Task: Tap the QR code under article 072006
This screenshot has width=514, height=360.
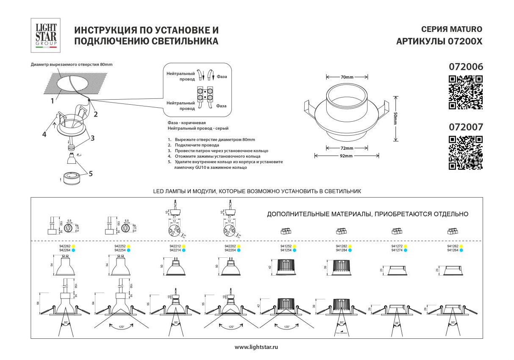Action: (x=466, y=92)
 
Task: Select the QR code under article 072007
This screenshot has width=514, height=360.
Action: (x=466, y=153)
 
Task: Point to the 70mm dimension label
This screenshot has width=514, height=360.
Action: (x=347, y=77)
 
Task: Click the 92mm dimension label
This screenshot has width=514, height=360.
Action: (x=347, y=156)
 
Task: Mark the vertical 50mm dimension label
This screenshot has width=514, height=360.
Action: (x=395, y=118)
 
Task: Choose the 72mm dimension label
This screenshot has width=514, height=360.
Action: (x=347, y=148)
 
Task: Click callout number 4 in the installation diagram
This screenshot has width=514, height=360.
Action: (x=44, y=134)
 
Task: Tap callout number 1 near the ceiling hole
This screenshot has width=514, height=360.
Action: (x=52, y=101)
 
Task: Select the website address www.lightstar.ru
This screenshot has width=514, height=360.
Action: (x=257, y=347)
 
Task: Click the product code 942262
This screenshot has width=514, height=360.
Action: (x=64, y=246)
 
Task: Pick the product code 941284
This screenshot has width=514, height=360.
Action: (x=342, y=250)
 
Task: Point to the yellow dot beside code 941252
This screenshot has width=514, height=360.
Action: (x=295, y=246)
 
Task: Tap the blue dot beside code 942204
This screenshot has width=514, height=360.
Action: (x=239, y=250)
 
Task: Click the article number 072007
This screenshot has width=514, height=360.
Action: (x=466, y=126)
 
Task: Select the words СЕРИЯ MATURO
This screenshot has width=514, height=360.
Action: (x=452, y=30)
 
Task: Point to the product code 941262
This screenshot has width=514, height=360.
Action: (x=453, y=246)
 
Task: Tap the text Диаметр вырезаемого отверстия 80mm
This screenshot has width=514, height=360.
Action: (x=72, y=64)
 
